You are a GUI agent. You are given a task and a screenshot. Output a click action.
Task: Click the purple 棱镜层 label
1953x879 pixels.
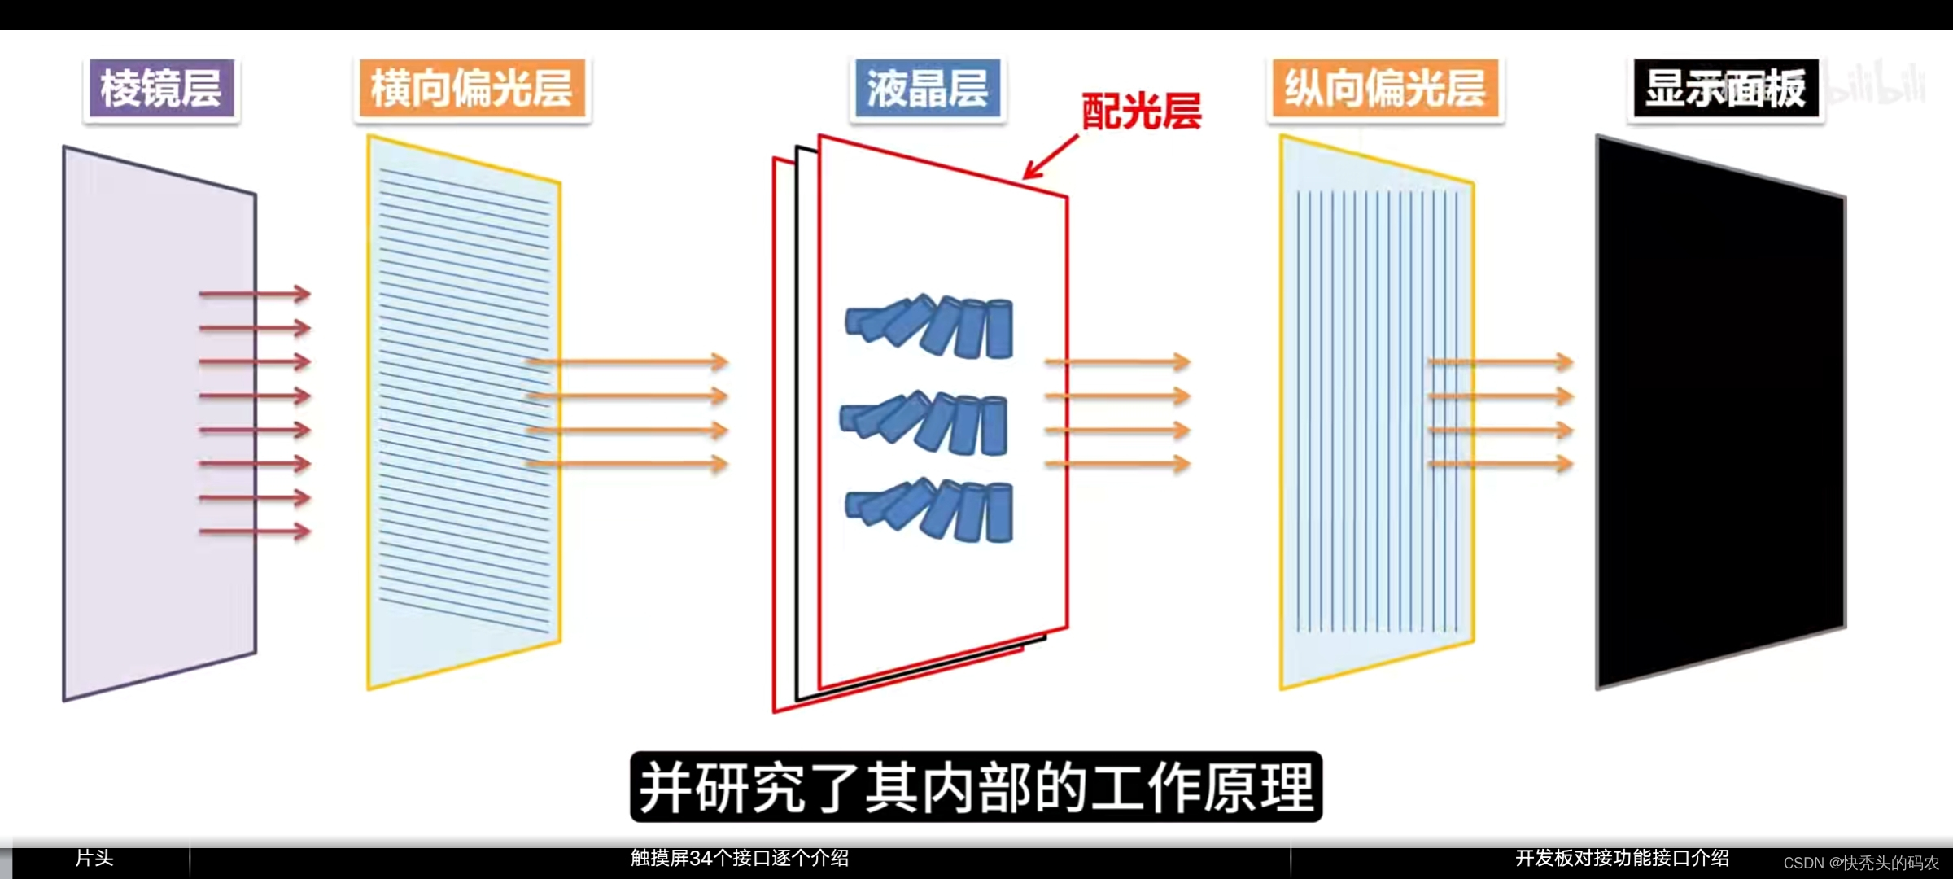pos(161,89)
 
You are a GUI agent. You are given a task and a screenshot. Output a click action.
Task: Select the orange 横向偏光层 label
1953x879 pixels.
pos(472,89)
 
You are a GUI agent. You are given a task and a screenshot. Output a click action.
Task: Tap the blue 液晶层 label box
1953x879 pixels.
pos(928,89)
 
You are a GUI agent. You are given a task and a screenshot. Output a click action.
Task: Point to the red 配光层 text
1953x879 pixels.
pos(1141,112)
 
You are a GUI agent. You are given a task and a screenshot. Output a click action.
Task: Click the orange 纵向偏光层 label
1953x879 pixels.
pos(1385,89)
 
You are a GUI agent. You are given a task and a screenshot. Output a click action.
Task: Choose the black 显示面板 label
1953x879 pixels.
pos(1725,89)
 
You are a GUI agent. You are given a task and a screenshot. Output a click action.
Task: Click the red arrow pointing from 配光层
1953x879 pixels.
pos(1050,157)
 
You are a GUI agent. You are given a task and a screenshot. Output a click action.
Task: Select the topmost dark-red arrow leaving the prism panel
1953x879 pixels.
pos(255,294)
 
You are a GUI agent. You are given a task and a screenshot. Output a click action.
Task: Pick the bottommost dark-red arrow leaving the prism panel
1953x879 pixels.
pos(255,531)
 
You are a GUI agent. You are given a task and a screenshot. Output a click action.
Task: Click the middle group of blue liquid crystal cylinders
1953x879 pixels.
pos(924,422)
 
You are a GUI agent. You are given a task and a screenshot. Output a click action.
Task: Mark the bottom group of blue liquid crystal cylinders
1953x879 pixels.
pos(930,510)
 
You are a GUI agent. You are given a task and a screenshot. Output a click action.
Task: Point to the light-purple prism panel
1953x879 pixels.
pos(159,423)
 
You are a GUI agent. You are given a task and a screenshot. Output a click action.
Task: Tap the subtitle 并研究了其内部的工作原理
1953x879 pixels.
pos(976,787)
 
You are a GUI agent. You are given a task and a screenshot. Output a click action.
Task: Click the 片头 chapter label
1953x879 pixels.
pos(94,858)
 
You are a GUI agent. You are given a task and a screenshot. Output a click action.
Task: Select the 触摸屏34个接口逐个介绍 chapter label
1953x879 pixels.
pos(740,858)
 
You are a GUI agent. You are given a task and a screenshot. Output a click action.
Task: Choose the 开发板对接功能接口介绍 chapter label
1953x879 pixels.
pos(1622,858)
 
